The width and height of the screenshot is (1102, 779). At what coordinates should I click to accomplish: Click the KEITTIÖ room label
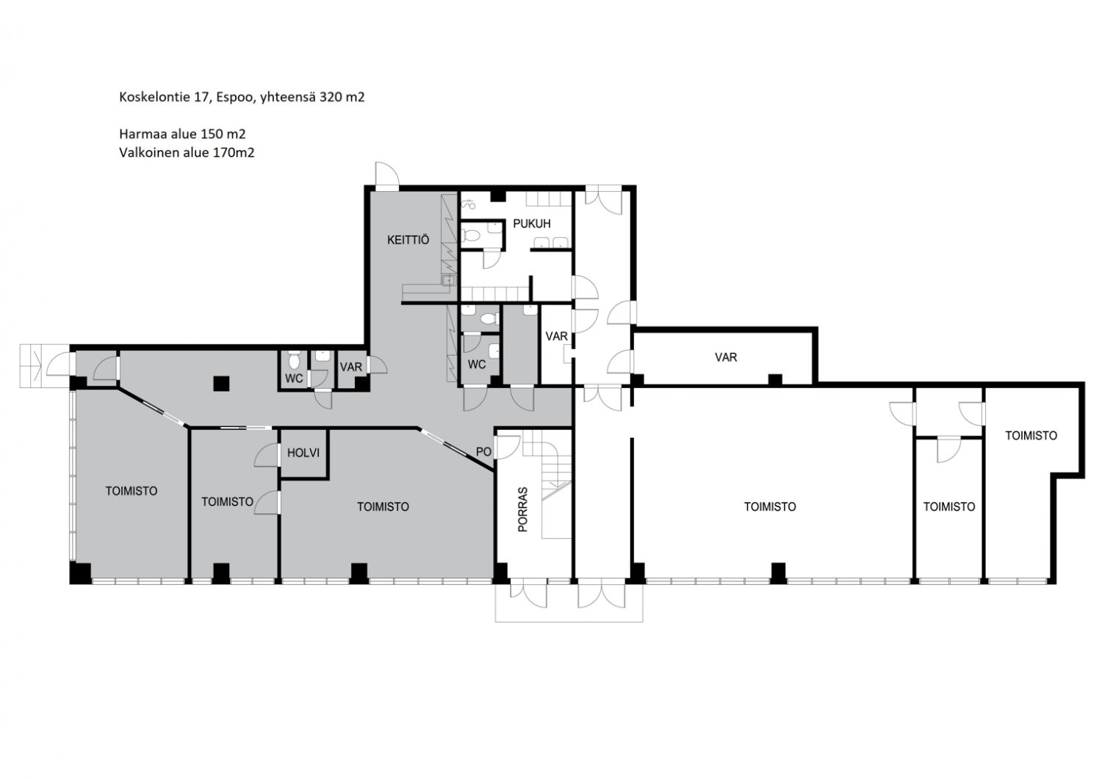pos(408,240)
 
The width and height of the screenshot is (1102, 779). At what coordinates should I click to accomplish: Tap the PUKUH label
pos(532,223)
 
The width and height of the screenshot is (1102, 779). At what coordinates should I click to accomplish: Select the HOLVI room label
pos(303,453)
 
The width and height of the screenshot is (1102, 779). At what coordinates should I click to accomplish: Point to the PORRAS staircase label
pos(522,509)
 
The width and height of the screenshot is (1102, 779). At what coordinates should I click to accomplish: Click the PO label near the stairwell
pos(483,451)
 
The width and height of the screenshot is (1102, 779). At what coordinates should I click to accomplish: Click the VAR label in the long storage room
pos(726,357)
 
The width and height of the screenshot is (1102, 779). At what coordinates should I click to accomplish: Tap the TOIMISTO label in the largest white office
pos(770,506)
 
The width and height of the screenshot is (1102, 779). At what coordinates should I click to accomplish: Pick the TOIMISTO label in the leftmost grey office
pos(132,491)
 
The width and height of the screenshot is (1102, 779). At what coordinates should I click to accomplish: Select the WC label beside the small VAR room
pos(294,379)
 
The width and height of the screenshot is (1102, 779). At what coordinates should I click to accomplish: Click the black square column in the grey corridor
pos(221,383)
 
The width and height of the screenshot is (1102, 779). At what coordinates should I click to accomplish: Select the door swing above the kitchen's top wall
pos(386,176)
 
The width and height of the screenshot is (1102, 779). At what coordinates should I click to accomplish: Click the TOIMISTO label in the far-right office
pos(1031,436)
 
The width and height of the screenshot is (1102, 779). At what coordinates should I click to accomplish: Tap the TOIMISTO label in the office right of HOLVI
pos(383,506)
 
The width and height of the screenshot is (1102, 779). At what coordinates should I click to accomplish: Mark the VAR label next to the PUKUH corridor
pos(556,336)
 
